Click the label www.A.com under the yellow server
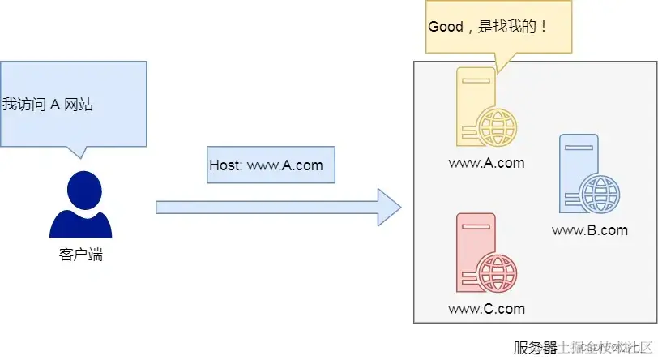click(486, 163)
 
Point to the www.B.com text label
click(589, 230)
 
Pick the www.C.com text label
click(486, 309)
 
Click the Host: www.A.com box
click(266, 165)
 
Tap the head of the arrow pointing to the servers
click(389, 208)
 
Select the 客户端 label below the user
click(81, 255)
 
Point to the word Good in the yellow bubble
click(445, 26)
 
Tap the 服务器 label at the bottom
click(535, 348)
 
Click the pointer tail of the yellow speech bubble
click(500, 63)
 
